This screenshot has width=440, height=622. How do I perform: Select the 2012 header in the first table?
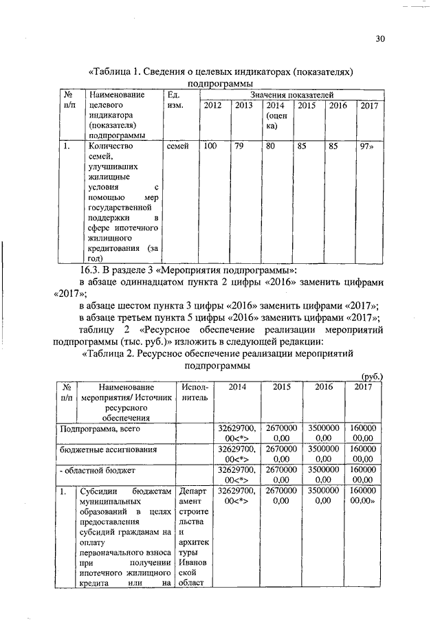[x=212, y=107]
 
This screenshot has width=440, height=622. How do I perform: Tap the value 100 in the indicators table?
[x=210, y=146]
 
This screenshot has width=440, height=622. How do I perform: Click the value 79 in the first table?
[x=239, y=146]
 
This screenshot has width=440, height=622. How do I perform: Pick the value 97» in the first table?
[x=369, y=146]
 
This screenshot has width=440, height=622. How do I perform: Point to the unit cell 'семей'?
[x=177, y=146]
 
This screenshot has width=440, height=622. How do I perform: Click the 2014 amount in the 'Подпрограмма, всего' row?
[x=236, y=433]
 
